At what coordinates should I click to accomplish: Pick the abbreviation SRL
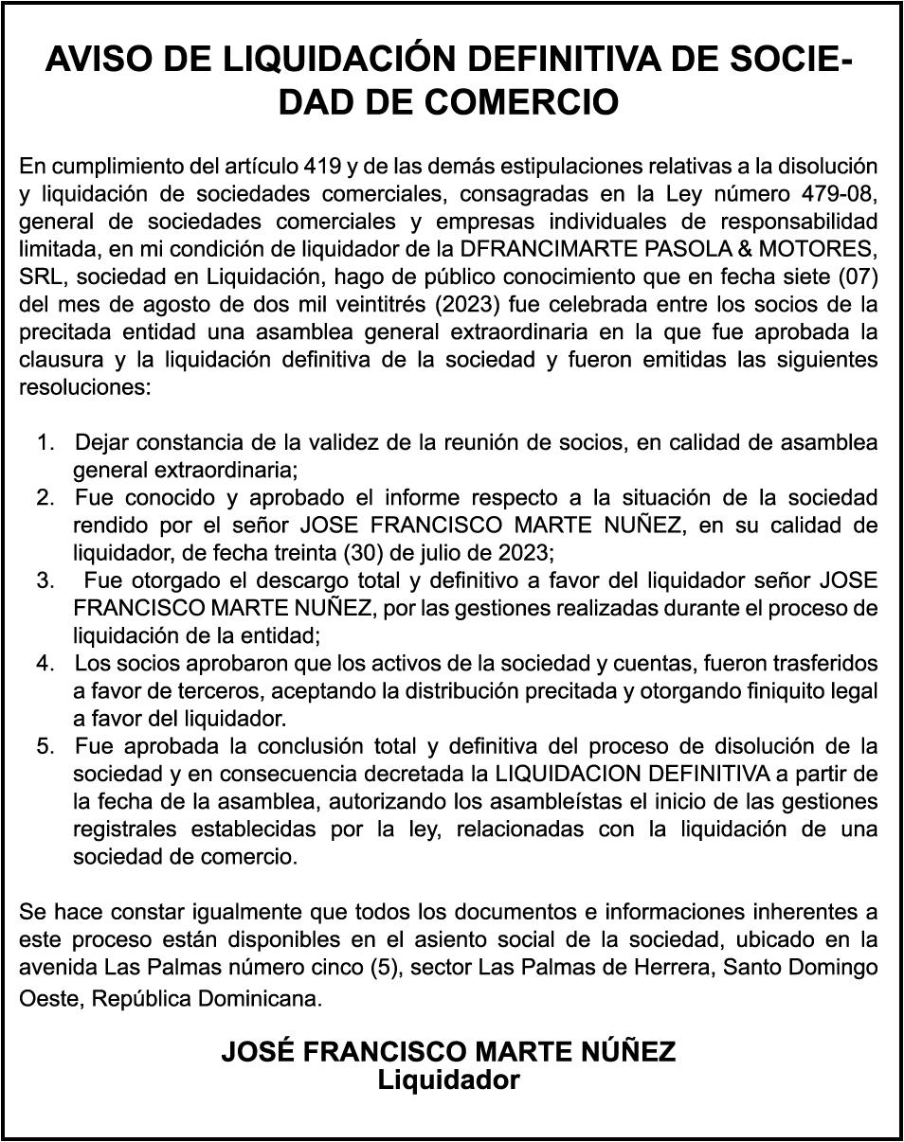tap(40, 277)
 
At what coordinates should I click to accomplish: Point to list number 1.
tap(44, 443)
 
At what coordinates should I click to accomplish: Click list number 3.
tap(44, 580)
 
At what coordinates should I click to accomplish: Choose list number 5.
tap(44, 745)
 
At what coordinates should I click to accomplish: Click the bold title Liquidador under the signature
tap(449, 1080)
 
